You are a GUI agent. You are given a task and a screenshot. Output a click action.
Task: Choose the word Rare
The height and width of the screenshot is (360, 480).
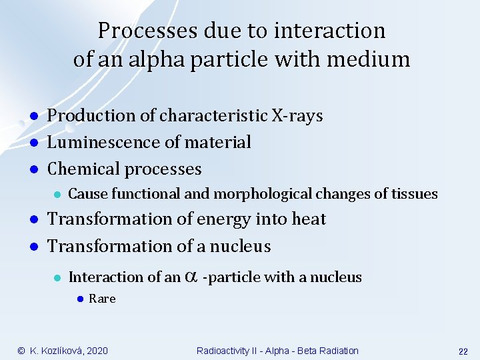click(x=102, y=299)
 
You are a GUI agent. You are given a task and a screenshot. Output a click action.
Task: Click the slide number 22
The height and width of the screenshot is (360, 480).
click(x=463, y=351)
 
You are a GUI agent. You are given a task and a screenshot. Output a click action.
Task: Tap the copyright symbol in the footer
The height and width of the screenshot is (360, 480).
click(x=21, y=351)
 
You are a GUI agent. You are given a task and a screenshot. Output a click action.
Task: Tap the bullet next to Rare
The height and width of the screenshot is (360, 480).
click(x=79, y=299)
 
